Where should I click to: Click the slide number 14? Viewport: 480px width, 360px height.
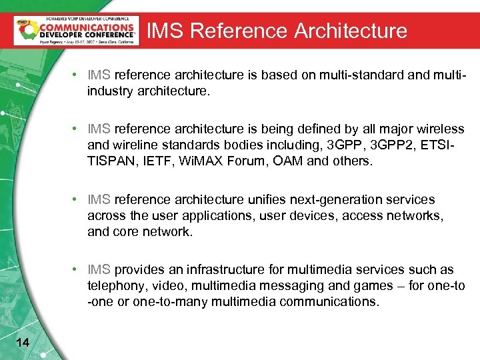[22, 342]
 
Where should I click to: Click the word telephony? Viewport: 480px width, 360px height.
[114, 285]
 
